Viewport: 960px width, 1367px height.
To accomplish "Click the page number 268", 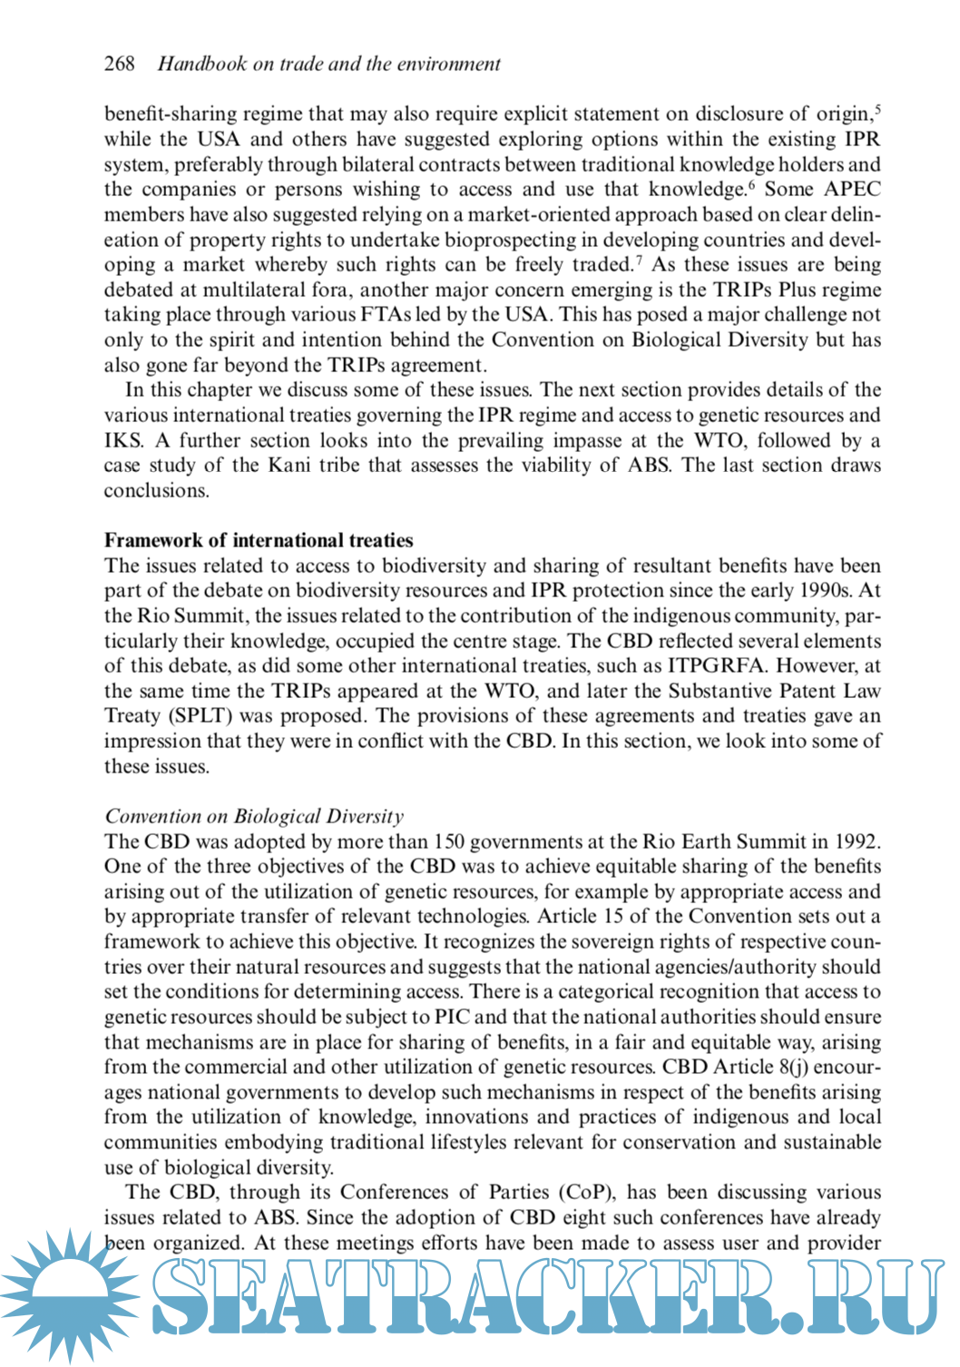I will pos(120,64).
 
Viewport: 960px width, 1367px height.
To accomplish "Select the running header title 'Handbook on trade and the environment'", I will pos(328,64).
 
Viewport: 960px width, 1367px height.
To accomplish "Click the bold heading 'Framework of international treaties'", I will pos(259,540).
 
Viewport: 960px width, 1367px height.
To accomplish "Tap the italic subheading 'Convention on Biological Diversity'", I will pos(254,816).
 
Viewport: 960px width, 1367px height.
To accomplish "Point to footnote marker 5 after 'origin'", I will pos(877,109).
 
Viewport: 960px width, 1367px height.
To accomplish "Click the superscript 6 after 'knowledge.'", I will pos(751,184).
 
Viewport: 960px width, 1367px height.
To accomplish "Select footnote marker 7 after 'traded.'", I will pos(639,260).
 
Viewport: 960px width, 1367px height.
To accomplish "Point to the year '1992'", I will pos(856,841).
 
